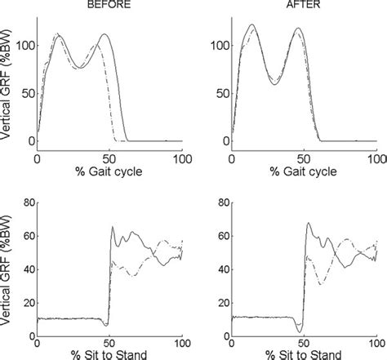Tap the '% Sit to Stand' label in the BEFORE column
pos(109,353)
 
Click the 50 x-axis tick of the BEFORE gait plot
pos(109,155)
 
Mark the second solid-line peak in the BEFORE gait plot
pos(105,34)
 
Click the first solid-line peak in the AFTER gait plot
pos(252,25)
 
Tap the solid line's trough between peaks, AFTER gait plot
pos(275,84)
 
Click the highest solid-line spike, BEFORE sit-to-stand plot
pos(113,227)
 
